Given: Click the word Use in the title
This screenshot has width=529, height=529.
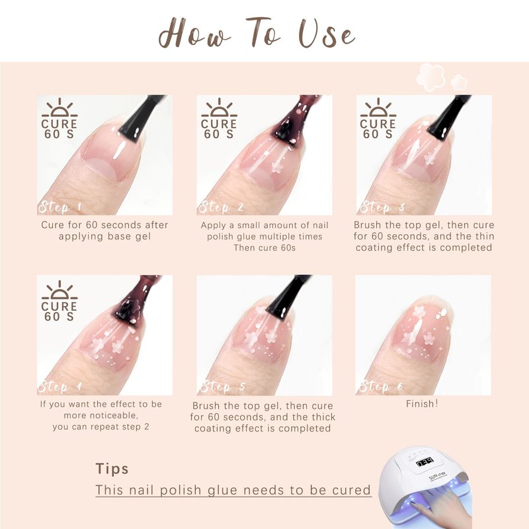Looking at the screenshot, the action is (x=327, y=34).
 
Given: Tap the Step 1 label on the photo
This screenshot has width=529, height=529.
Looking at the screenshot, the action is (x=60, y=206).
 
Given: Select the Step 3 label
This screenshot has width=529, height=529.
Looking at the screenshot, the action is (x=382, y=206).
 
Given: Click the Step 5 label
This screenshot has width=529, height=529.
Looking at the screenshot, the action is (x=223, y=386).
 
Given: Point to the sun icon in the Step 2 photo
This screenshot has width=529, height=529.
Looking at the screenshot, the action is (x=219, y=108).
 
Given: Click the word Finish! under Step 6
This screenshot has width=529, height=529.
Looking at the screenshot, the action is (x=422, y=403).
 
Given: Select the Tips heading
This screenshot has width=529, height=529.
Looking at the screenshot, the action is (x=112, y=469).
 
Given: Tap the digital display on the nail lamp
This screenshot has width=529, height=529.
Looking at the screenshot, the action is (x=425, y=462).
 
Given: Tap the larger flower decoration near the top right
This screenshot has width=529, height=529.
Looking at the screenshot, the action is (x=430, y=77).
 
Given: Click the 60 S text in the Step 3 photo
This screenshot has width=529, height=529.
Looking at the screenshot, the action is (x=378, y=134).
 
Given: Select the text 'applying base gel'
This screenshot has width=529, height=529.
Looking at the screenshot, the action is (x=104, y=236).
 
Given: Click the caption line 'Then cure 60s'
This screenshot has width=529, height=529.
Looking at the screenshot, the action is (x=264, y=247).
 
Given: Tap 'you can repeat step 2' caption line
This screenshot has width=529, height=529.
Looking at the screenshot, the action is (x=101, y=427).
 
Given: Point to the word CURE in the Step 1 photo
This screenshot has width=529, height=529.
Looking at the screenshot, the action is (x=60, y=124).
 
